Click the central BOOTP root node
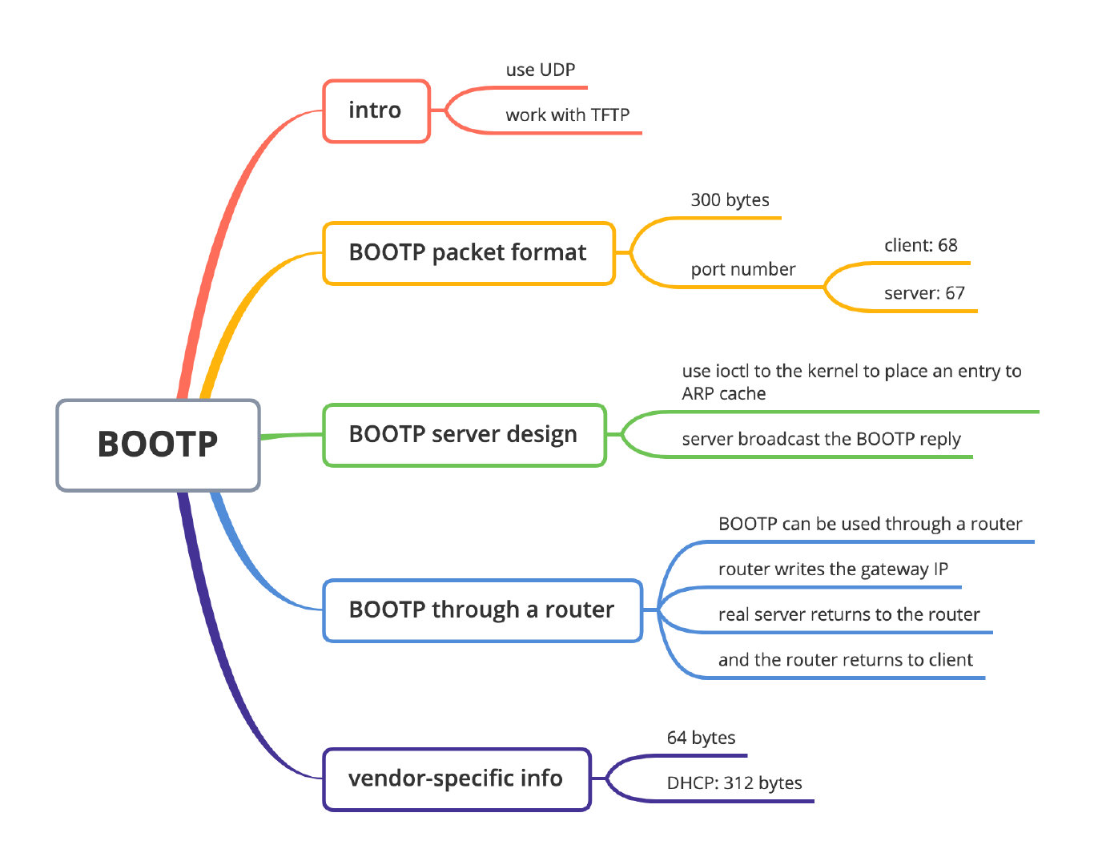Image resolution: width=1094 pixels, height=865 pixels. pos(158,445)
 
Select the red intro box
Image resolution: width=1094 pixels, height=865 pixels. pos(376,111)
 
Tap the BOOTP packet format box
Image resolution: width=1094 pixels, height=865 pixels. pos(468,253)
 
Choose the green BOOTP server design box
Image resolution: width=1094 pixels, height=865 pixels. pos(463,435)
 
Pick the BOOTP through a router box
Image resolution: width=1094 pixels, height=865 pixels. pos(481,610)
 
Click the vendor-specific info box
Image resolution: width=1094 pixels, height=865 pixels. pos(456,778)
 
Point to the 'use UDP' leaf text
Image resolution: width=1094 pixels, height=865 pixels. pos(541,70)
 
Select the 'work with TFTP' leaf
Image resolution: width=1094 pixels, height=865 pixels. pos(567,115)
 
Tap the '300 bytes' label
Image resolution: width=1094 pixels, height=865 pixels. pos(730,200)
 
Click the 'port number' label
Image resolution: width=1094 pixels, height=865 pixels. pos(743,270)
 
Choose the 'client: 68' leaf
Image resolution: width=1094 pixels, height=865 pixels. pos(920,246)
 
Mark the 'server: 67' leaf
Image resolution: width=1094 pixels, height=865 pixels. pos(924,294)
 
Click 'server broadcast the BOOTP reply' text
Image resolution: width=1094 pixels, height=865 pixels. pos(821,440)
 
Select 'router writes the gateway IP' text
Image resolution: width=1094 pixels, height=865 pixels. pos(833,569)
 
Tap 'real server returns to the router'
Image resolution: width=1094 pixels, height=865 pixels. pos(849,615)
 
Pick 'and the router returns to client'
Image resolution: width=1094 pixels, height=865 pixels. pos(845,661)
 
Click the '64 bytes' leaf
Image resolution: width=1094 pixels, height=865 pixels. pos(701,738)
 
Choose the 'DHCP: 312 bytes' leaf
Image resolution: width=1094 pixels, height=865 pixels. pos(734,783)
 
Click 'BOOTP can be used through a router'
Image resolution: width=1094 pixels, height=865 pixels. pos(870,525)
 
